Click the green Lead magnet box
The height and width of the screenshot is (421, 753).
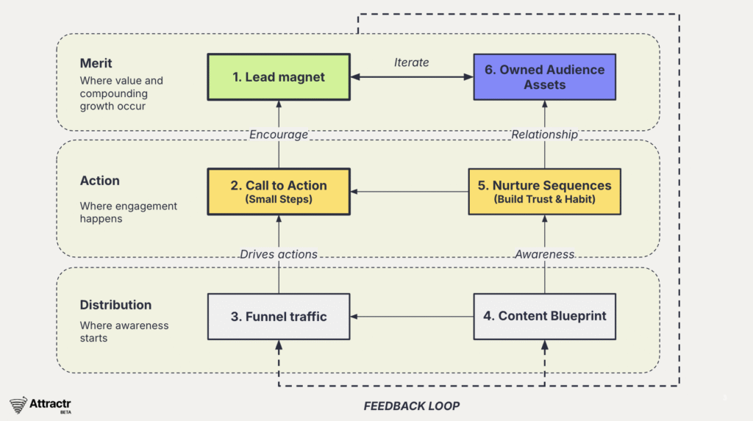coord(279,77)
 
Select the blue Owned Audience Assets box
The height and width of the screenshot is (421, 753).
coord(544,77)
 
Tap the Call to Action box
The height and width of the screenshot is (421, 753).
coord(279,192)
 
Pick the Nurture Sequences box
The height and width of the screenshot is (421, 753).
coord(544,192)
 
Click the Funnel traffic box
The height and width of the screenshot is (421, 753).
coord(279,317)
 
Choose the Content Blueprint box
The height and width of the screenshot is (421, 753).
coord(544,317)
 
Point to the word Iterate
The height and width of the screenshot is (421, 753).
coord(411,62)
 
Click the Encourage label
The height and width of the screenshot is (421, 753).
coord(279,134)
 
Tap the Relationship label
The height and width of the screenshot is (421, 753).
coord(544,134)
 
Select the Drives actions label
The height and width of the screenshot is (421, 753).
coord(279,254)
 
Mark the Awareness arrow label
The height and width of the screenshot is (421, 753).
coord(544,254)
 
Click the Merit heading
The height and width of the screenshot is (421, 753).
coord(96,64)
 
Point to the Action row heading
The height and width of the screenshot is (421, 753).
coord(100,181)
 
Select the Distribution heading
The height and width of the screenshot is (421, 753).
coord(116,305)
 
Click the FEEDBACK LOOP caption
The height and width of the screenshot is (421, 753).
coord(412,406)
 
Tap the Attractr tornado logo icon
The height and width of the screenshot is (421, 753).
coord(18,405)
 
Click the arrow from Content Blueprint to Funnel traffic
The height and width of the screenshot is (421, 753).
coord(411,317)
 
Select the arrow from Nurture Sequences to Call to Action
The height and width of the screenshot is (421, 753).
coord(409,192)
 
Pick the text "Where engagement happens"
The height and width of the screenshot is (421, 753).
coord(129,212)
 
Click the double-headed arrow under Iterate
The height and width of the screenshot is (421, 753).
coord(411,77)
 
